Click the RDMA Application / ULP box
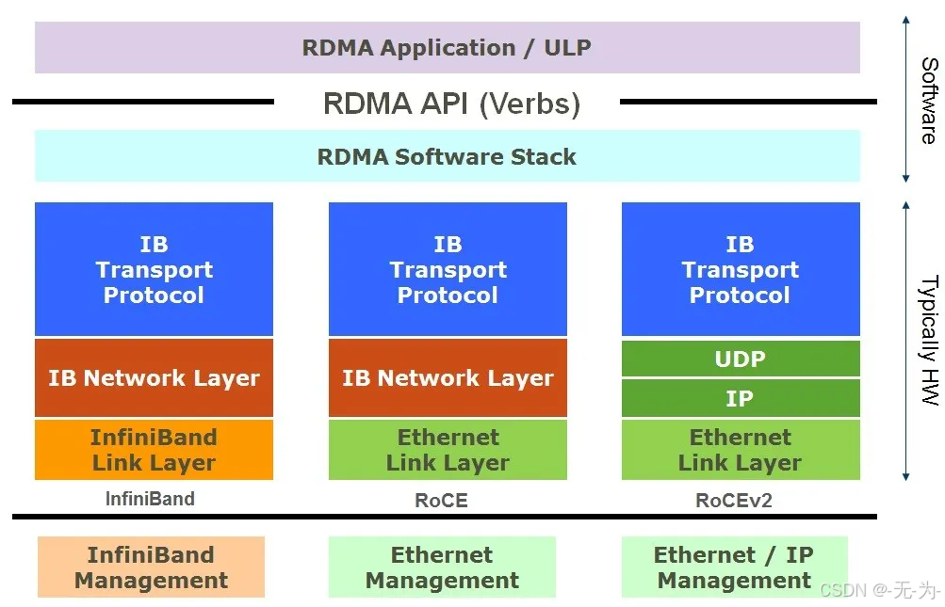pos(447,47)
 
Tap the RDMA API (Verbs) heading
pos(451,103)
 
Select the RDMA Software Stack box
pos(447,156)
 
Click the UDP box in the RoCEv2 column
pos(740,359)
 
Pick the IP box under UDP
pos(740,398)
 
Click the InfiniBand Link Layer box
pos(154,450)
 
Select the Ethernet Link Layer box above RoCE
pos(448,450)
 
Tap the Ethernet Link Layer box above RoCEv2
pos(740,450)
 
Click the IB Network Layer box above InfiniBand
pos(154,378)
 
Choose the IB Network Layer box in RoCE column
pos(448,378)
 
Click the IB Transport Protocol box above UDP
pos(740,269)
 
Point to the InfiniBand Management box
pos(151,567)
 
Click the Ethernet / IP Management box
pos(734,567)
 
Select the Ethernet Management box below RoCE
pos(442,567)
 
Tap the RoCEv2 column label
pos(733,501)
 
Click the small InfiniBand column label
pos(150,499)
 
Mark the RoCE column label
pos(441,501)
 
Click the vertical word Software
pos(928,100)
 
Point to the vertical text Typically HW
pos(928,340)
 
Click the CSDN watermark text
pos(880,591)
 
